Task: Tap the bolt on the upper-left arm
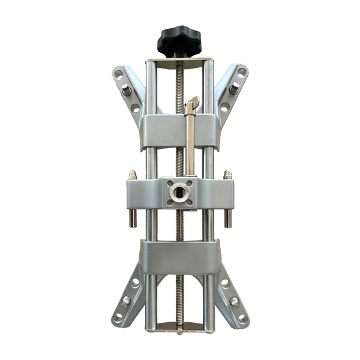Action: [127, 90]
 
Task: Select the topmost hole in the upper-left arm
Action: [119, 74]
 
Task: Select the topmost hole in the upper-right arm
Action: [241, 72]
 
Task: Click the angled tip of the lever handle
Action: [193, 103]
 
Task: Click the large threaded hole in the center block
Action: [179, 193]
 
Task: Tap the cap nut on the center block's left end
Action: [132, 175]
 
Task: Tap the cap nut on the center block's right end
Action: [227, 175]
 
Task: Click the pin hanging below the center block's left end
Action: [133, 218]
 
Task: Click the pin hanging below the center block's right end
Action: [228, 218]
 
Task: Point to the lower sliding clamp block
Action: [179, 257]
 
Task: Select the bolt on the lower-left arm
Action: [127, 300]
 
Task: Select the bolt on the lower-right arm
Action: [234, 301]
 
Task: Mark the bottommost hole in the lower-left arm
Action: [119, 316]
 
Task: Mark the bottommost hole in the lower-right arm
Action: [242, 317]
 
